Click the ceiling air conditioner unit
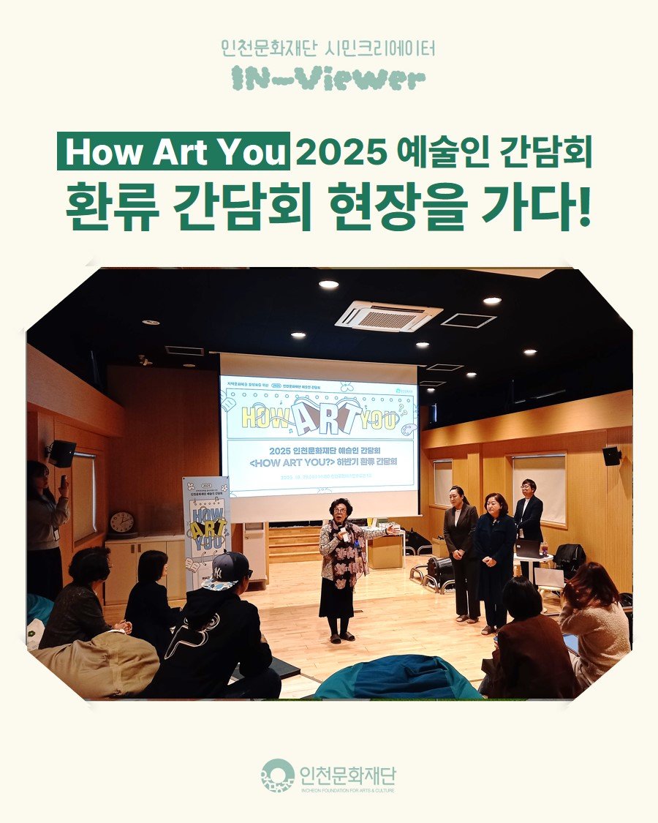pos(388,316)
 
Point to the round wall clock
pos(121,523)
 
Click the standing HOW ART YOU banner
pos(206,527)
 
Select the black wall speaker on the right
pos(611,456)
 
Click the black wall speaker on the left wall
pos(62,453)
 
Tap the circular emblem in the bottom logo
pos(277,775)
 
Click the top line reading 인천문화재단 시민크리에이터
pos(328,49)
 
